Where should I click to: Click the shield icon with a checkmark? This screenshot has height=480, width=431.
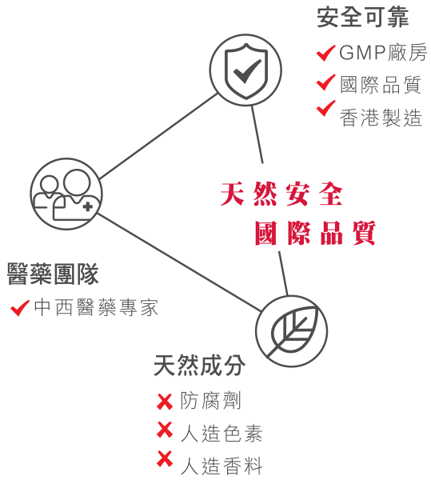(246, 70)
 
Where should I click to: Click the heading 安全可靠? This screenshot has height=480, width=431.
(363, 18)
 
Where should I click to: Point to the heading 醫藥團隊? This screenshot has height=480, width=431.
(53, 274)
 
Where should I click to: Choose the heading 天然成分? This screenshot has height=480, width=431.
(199, 366)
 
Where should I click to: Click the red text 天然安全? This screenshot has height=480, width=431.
(281, 194)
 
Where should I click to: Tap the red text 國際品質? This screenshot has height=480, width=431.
(315, 233)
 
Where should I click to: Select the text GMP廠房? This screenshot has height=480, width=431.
(383, 52)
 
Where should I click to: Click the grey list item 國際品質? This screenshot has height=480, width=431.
(381, 85)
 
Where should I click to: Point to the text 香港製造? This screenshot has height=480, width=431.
(381, 118)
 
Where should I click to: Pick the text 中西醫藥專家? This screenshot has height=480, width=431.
(96, 307)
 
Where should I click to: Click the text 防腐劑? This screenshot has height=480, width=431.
(211, 401)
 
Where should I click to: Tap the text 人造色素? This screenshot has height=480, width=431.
(221, 433)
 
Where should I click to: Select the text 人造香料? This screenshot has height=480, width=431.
(221, 466)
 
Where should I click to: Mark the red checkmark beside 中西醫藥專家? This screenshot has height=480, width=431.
(19, 308)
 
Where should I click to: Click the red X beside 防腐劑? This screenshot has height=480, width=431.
(165, 402)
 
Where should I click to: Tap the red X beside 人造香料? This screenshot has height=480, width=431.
(165, 458)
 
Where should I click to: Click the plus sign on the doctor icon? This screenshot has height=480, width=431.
(88, 207)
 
